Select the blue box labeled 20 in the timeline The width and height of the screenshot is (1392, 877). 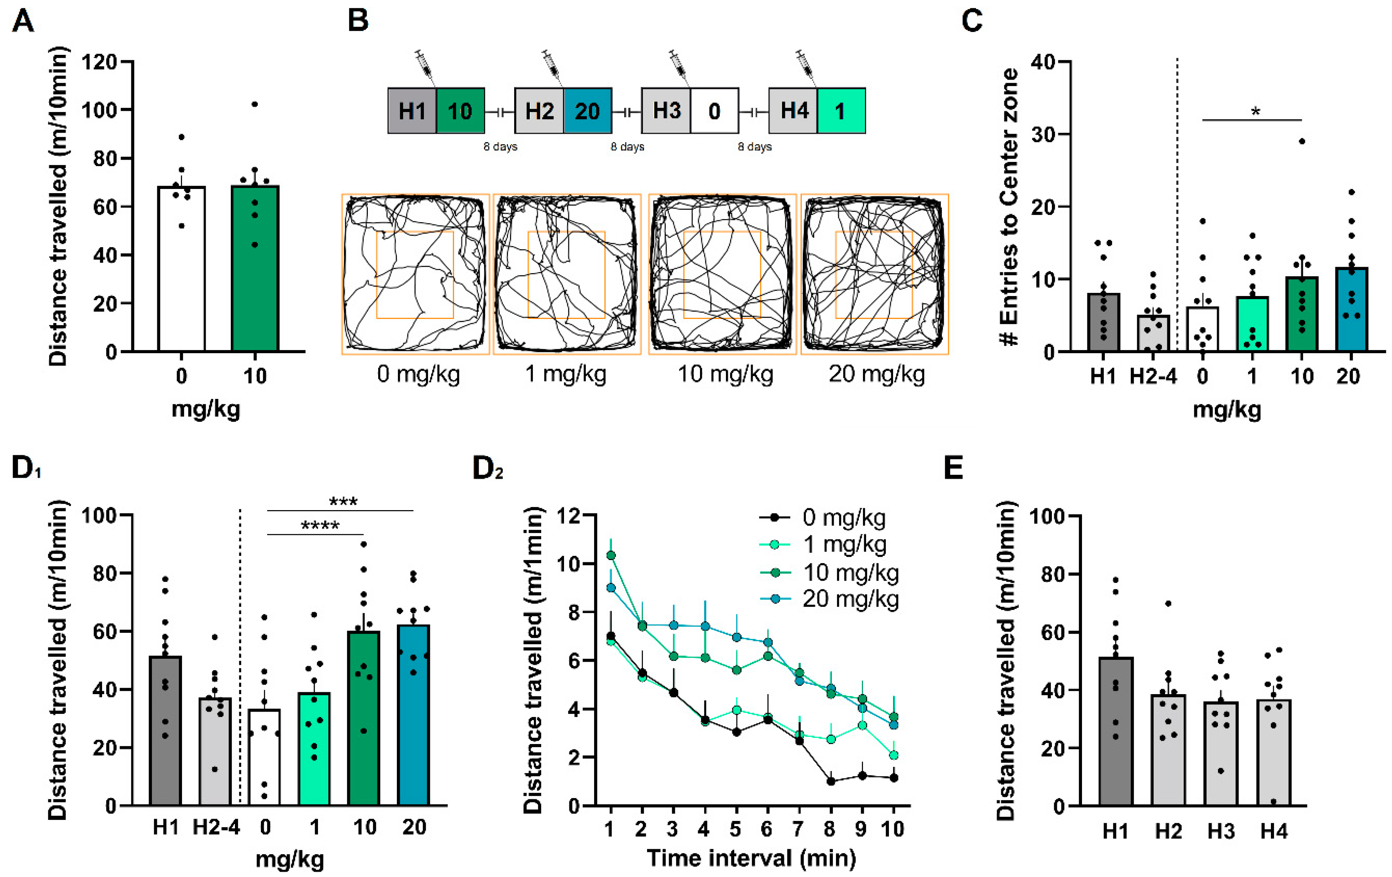coord(587,111)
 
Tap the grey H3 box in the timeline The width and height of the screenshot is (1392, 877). coord(666,111)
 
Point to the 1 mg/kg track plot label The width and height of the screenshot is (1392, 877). coord(566,374)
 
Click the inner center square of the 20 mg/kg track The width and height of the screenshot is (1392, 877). coord(873,275)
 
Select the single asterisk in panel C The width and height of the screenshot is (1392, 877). coord(1255,112)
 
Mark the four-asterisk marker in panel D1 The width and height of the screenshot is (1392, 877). coord(320,525)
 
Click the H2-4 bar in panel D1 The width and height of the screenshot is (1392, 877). coord(215,752)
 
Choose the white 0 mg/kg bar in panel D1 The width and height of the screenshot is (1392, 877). coord(264,757)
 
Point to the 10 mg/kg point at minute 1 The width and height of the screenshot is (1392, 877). coord(610,555)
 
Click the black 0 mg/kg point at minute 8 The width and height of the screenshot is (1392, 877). coord(831,781)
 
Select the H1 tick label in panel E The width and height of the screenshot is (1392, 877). coord(1115,831)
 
